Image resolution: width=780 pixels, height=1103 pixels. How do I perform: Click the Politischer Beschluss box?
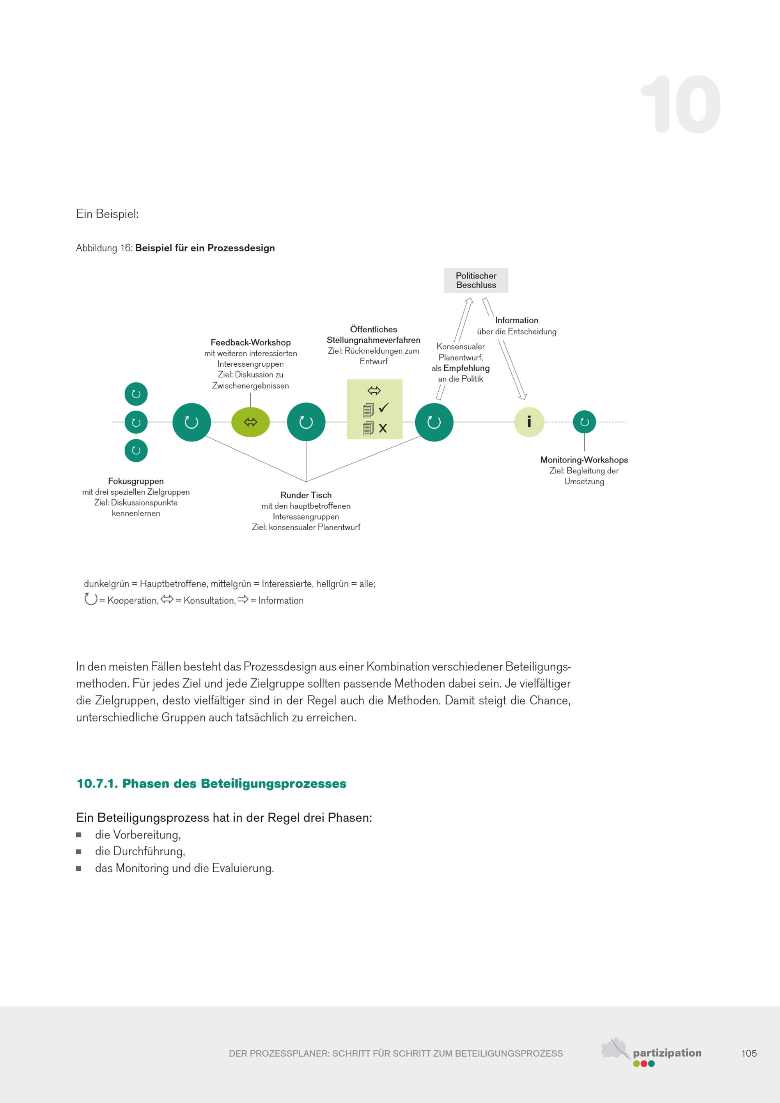tap(475, 280)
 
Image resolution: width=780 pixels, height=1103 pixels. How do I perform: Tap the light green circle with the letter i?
tap(529, 422)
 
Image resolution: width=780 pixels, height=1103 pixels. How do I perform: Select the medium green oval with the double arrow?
tap(250, 422)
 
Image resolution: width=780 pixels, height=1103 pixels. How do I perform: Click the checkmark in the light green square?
tap(383, 408)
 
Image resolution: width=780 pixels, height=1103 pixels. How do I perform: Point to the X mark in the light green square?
tap(383, 428)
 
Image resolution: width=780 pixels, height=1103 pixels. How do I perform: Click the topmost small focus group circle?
tap(136, 394)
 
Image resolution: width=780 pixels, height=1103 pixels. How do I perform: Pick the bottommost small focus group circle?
tap(136, 450)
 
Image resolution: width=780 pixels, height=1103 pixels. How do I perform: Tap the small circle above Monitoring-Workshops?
tap(584, 422)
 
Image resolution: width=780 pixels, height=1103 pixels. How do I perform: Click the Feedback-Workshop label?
tap(250, 342)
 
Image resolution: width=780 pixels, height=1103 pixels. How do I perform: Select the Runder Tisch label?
tap(306, 495)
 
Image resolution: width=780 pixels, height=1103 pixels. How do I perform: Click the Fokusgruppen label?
tap(136, 481)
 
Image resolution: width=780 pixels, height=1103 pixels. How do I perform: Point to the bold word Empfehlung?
tap(466, 368)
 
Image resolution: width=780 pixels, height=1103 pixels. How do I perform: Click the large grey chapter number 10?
tap(681, 104)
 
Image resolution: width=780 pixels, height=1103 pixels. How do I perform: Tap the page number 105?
tap(749, 1053)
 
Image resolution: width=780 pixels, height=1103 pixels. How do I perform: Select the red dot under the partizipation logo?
tap(643, 1064)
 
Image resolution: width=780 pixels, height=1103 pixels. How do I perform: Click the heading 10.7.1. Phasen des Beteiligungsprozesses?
tap(211, 784)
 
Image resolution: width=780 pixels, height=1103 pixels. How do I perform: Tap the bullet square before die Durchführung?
tap(79, 852)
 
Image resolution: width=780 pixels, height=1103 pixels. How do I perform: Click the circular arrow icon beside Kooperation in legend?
tap(90, 599)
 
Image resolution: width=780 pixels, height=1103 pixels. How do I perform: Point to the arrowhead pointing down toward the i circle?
tap(522, 396)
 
